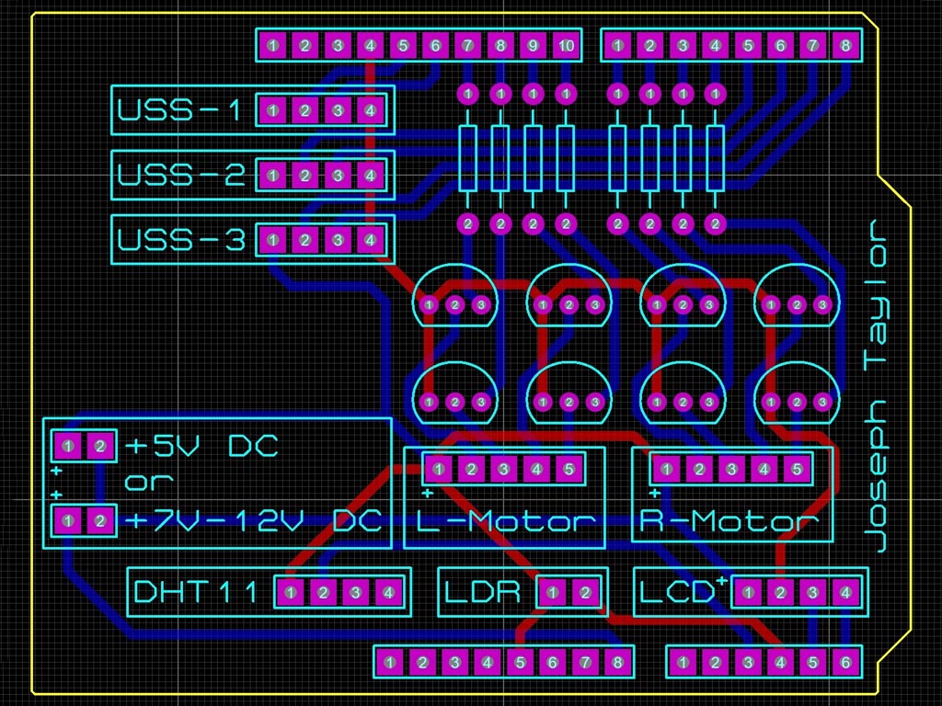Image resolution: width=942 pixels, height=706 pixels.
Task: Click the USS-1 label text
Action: [180, 111]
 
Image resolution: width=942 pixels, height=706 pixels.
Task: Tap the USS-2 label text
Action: [180, 175]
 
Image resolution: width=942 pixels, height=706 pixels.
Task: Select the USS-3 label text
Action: [180, 241]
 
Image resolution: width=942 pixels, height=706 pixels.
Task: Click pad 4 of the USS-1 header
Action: [370, 111]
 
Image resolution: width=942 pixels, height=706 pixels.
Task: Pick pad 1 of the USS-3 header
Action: [272, 241]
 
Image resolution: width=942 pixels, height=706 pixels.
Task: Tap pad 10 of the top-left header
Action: [566, 45]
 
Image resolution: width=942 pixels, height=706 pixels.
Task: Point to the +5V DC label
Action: [201, 448]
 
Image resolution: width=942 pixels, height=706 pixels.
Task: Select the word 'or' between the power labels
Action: [148, 482]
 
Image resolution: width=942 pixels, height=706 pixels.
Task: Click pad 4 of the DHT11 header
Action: [388, 593]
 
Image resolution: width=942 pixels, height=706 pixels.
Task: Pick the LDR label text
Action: [483, 593]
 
